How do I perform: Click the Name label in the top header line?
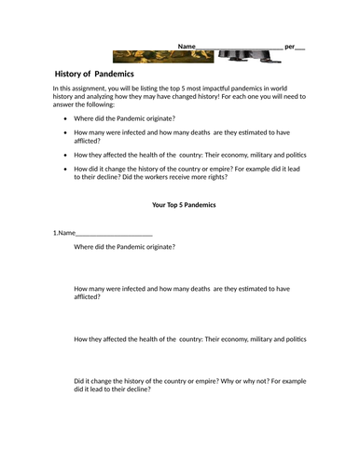[x=187, y=46]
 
